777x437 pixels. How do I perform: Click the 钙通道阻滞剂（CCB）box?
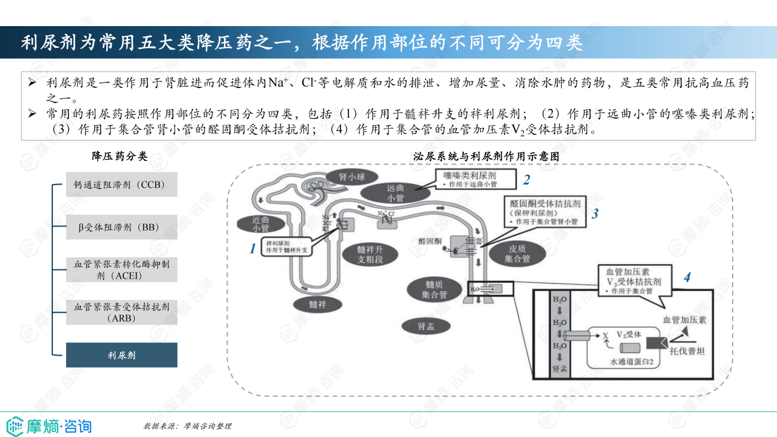pyautogui.click(x=121, y=184)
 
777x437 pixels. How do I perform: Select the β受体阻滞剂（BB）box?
pyautogui.click(x=121, y=228)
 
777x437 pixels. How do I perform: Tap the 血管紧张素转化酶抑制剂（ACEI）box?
pyautogui.click(x=121, y=269)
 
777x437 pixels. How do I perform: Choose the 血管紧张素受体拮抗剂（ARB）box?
pyautogui.click(x=121, y=312)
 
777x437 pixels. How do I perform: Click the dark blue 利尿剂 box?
pyautogui.click(x=121, y=355)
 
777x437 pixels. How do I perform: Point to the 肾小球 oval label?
pyautogui.click(x=344, y=177)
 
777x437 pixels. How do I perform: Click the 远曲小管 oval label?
pyautogui.click(x=395, y=193)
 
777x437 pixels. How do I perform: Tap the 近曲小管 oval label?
pyautogui.click(x=260, y=224)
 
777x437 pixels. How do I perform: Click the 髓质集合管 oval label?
pyautogui.click(x=435, y=290)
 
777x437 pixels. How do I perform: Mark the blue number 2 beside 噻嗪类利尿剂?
pyautogui.click(x=527, y=180)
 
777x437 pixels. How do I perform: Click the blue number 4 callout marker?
pyautogui.click(x=687, y=278)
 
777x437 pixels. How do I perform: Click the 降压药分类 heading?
pyautogui.click(x=120, y=157)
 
